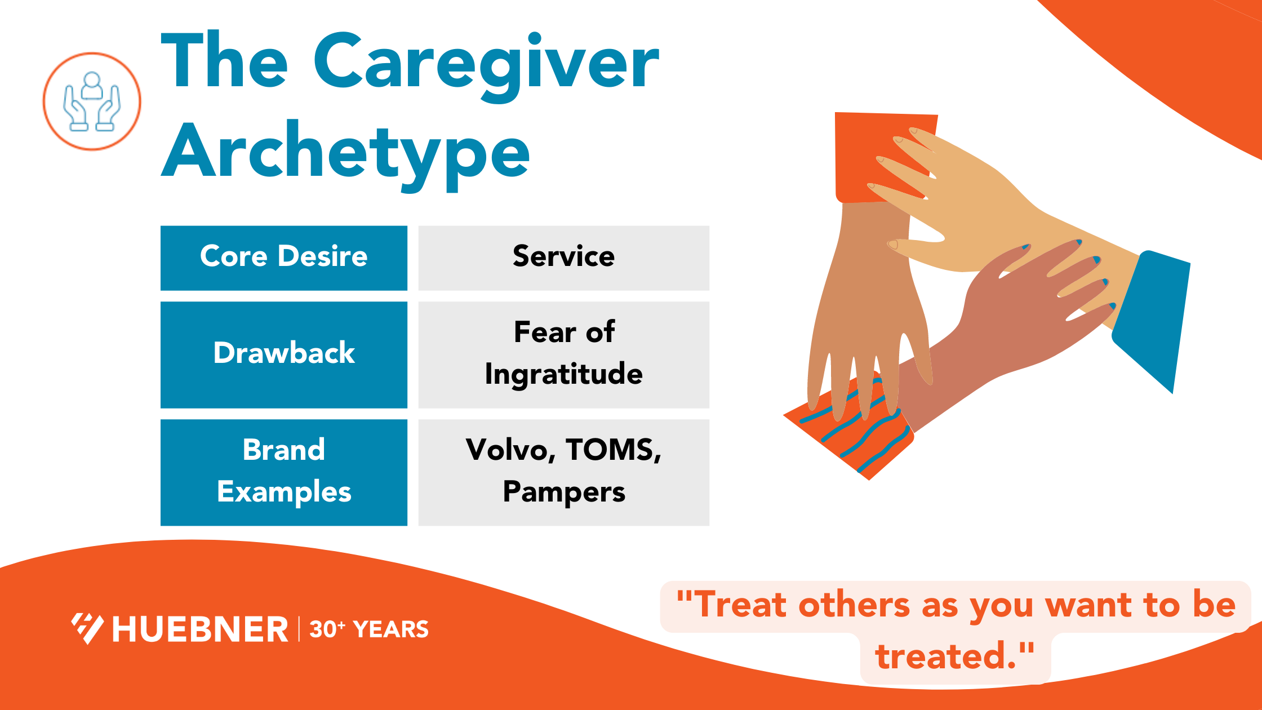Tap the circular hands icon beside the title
[x=92, y=101]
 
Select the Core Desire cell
[x=283, y=258]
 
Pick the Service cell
[x=563, y=258]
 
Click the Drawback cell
[x=283, y=354]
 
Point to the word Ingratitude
[x=563, y=374]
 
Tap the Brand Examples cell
[x=283, y=472]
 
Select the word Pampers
[x=563, y=492]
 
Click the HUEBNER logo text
[x=200, y=629]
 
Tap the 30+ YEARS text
[x=369, y=629]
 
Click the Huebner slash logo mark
[x=87, y=628]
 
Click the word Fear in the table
[x=544, y=332]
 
